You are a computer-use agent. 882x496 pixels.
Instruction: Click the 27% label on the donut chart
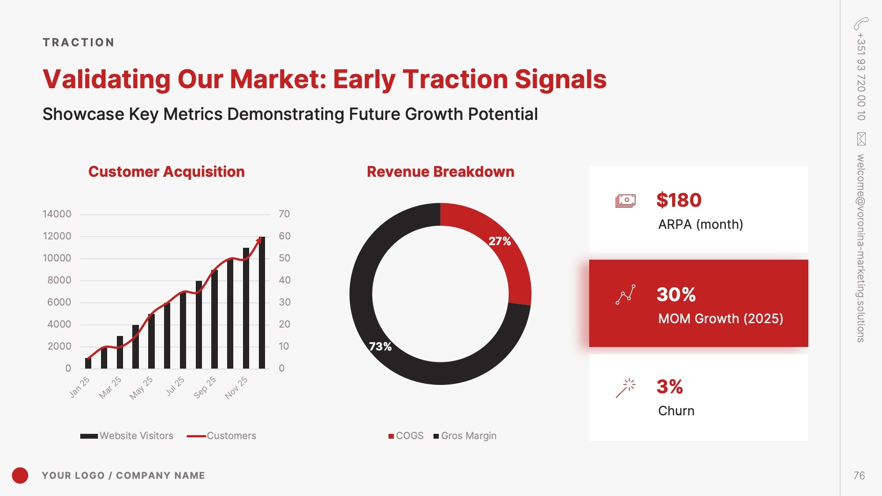click(x=500, y=241)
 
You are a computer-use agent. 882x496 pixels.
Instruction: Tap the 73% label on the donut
click(x=380, y=347)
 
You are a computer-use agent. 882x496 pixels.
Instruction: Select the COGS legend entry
click(x=406, y=436)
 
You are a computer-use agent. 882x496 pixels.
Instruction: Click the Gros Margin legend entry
click(x=465, y=436)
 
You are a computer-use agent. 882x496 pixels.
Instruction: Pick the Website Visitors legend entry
click(x=127, y=436)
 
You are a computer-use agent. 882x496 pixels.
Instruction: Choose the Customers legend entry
click(x=221, y=436)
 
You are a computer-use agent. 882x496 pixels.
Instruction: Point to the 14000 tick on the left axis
click(x=57, y=214)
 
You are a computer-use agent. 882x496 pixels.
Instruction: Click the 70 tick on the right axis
click(x=284, y=214)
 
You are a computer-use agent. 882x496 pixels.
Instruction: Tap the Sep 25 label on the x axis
click(x=205, y=387)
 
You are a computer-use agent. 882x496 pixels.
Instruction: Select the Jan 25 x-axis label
click(x=79, y=387)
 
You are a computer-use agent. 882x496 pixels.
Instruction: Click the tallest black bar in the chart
click(x=262, y=302)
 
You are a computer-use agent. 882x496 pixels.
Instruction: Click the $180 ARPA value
click(x=679, y=200)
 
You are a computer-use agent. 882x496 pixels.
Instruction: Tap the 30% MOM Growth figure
click(x=676, y=295)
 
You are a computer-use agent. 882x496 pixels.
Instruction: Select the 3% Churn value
click(x=670, y=387)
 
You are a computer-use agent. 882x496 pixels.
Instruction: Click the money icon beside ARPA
click(x=625, y=201)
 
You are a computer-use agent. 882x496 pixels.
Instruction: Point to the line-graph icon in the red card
click(x=626, y=295)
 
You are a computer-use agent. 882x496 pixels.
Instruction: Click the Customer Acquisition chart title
click(x=166, y=172)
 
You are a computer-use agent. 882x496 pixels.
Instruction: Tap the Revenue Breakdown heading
click(x=441, y=172)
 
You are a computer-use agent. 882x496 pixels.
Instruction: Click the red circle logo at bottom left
click(x=20, y=475)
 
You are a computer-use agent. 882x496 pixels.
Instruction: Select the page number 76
click(x=859, y=476)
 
